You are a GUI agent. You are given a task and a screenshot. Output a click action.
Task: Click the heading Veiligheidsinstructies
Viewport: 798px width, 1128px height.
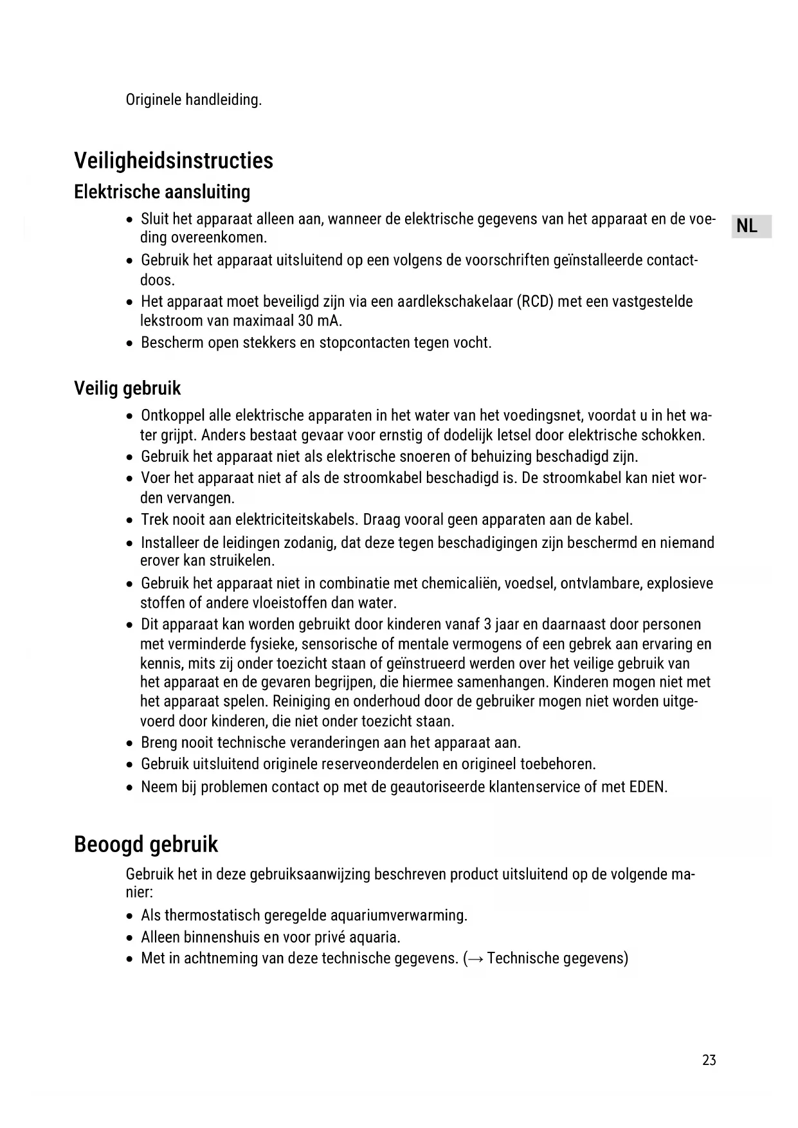174,161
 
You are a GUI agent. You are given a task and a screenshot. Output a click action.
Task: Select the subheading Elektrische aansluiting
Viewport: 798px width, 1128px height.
162,192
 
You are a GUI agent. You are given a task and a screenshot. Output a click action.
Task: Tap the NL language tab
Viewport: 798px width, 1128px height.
747,226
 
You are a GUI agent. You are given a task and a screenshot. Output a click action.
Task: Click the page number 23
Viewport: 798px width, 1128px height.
709,1060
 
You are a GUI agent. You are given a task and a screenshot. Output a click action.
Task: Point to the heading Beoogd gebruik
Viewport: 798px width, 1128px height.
146,844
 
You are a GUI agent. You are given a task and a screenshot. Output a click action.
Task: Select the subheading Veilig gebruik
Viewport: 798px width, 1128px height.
127,388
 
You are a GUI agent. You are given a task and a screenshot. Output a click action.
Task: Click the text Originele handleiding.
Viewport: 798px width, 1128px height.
194,100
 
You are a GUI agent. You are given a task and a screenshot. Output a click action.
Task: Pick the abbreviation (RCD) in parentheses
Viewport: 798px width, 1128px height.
534,302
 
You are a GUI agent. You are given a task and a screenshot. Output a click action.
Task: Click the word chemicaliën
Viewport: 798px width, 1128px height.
460,584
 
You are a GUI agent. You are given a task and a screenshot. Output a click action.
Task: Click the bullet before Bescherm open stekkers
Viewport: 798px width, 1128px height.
130,343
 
